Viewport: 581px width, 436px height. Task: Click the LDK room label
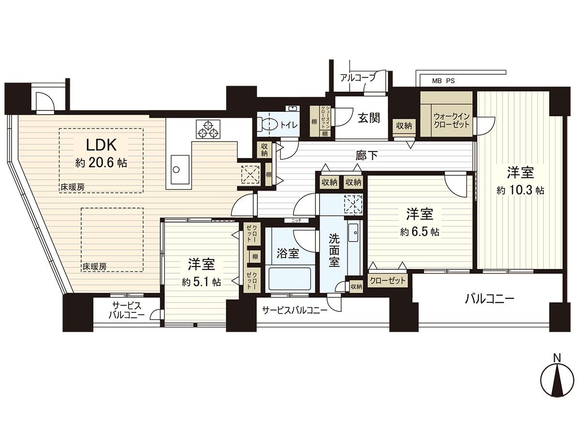tap(101, 144)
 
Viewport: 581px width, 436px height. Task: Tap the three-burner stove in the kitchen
tap(208, 129)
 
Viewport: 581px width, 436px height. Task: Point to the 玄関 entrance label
tap(368, 118)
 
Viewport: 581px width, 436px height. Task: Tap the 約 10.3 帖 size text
tap(520, 191)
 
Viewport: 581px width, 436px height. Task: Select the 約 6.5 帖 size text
tap(419, 233)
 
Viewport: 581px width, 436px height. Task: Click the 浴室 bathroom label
tap(288, 253)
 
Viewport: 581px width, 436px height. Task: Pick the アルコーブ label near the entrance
tap(357, 77)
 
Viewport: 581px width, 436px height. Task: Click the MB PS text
tap(443, 81)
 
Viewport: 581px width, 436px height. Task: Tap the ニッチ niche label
tap(296, 220)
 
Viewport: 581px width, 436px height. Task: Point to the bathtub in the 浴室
tap(289, 280)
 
